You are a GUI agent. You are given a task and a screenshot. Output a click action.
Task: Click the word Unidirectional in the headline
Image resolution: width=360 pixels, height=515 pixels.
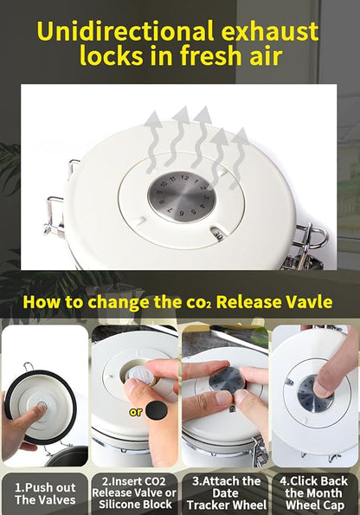pos(125,31)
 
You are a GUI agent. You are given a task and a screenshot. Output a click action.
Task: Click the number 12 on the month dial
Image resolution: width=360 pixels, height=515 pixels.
pos(184,178)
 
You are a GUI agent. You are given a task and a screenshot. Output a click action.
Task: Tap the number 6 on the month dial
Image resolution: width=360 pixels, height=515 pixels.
pos(182,214)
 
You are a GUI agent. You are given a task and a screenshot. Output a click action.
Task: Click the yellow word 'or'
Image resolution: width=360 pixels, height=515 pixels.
pos(136,411)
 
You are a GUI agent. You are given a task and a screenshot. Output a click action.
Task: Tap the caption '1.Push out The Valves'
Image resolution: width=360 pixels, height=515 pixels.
pos(45,493)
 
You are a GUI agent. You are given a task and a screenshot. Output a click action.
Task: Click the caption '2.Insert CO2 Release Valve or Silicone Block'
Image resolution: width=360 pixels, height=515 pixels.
pos(134,492)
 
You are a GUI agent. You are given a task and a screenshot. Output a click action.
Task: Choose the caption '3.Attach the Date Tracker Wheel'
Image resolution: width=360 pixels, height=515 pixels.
pos(227,492)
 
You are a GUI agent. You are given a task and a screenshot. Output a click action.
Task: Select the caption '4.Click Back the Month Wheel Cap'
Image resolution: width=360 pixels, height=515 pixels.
pos(313,492)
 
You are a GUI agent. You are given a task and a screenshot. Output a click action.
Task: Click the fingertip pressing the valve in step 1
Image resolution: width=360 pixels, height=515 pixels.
pos(41,409)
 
